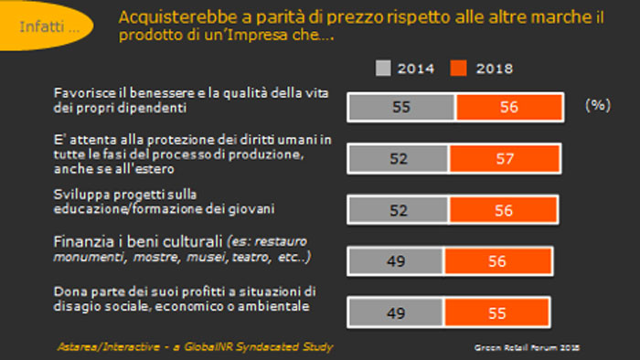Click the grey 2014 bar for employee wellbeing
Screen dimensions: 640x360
(x=401, y=107)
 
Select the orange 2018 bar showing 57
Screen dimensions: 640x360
(x=505, y=159)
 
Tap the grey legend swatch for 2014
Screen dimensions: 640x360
(x=383, y=69)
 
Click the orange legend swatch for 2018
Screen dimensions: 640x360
(x=458, y=69)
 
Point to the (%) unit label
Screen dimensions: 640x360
(x=598, y=105)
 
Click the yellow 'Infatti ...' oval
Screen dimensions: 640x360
(x=46, y=26)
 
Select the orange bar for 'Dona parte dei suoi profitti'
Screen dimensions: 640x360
(x=496, y=312)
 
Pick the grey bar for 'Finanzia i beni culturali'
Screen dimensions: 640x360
(x=396, y=261)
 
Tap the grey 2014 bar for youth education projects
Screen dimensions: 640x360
(x=399, y=210)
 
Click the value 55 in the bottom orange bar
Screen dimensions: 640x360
(x=496, y=313)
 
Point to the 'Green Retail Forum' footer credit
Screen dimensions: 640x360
(x=527, y=348)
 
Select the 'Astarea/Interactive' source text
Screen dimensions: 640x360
(x=109, y=347)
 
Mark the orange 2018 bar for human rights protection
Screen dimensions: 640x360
(x=505, y=159)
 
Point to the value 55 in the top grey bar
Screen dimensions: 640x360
(x=400, y=107)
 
